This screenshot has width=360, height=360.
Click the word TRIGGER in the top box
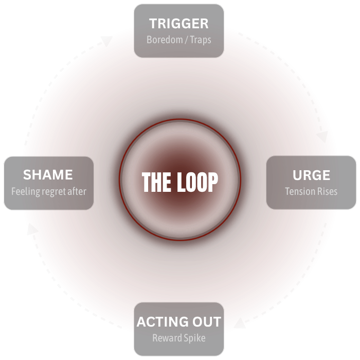178,24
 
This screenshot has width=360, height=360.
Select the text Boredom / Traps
178,40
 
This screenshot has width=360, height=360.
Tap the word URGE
311,175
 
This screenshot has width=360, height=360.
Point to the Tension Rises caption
311,191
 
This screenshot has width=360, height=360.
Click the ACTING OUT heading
178,322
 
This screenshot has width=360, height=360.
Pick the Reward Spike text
178,338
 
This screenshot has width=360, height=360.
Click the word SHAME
48,175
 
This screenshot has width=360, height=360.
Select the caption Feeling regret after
48,191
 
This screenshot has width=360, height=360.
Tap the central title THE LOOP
179,182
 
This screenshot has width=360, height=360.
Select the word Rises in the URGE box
326,191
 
